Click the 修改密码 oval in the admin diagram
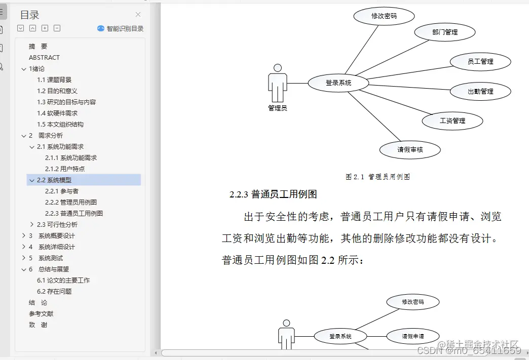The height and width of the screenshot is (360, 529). click(x=384, y=16)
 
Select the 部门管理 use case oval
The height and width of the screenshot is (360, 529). click(x=444, y=32)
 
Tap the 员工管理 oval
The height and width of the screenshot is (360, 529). click(x=480, y=62)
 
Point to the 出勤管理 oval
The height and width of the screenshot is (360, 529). click(x=480, y=92)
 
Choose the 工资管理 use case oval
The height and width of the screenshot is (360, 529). click(x=452, y=121)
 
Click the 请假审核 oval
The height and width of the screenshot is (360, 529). click(x=410, y=150)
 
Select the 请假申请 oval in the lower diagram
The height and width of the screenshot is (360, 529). click(x=412, y=336)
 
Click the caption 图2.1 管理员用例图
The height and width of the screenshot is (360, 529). click(x=377, y=177)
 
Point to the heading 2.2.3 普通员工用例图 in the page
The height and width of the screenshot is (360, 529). click(x=273, y=194)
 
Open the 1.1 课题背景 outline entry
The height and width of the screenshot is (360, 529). click(x=54, y=80)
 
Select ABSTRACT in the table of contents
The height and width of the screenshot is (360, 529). click(x=44, y=58)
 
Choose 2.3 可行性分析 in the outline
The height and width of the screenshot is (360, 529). click(x=57, y=225)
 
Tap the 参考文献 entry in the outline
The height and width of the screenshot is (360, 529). click(x=41, y=314)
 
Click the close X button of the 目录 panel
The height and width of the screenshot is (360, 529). click(x=138, y=15)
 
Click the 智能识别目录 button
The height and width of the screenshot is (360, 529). click(x=121, y=28)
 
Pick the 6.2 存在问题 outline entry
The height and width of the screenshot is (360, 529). click(x=54, y=292)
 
